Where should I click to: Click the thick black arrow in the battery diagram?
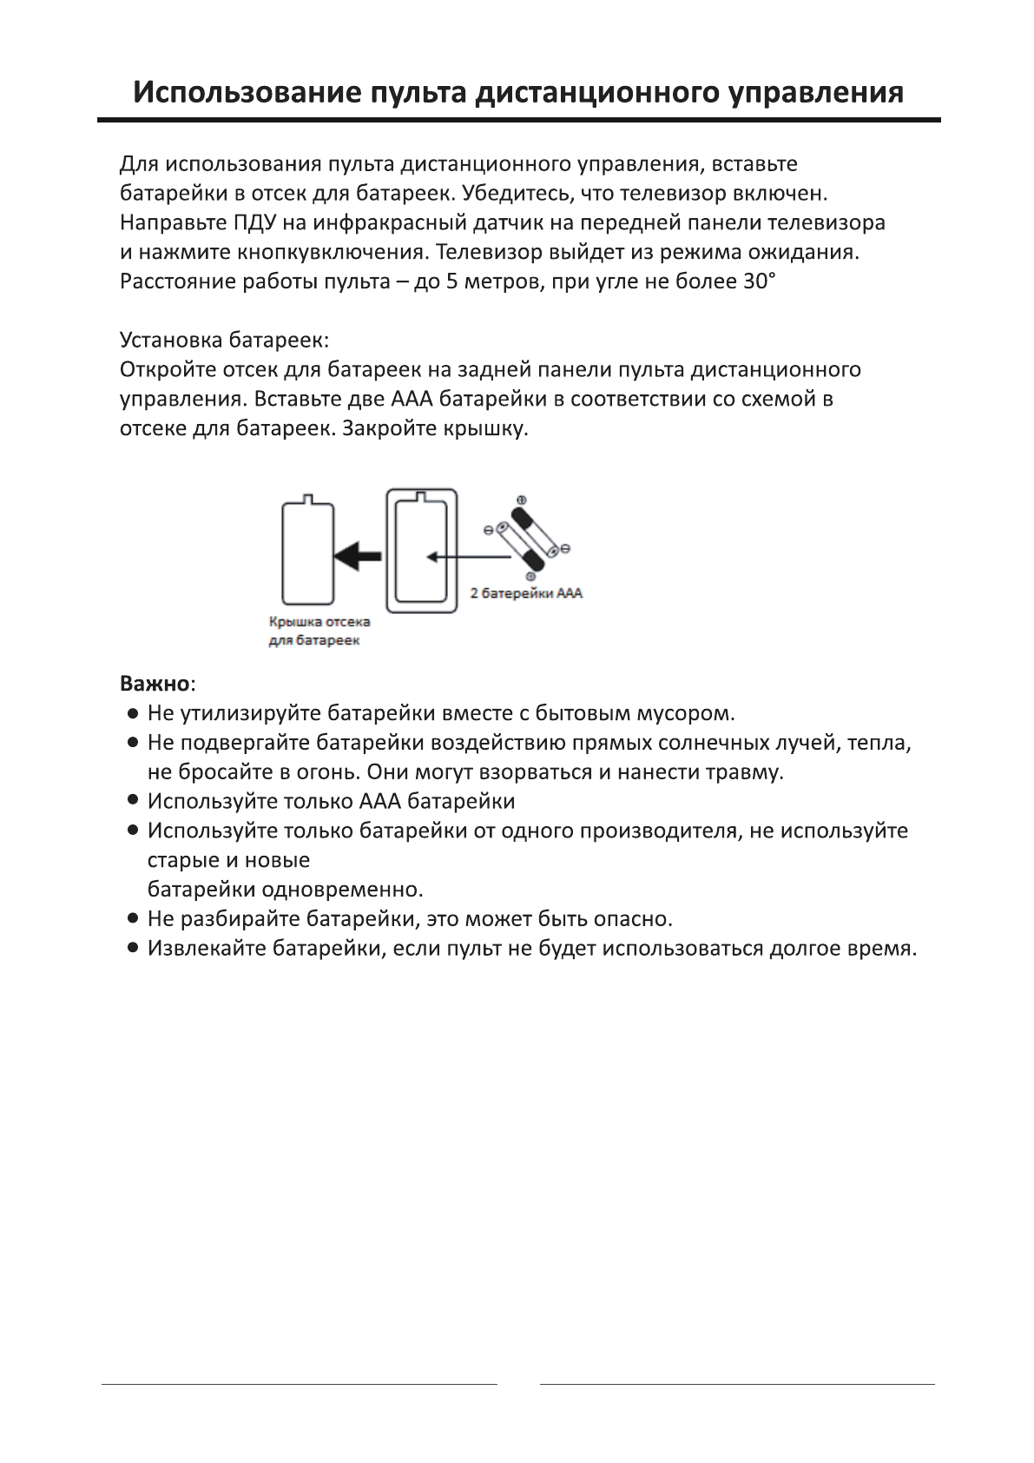click(358, 555)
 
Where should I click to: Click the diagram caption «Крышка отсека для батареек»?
click(319, 632)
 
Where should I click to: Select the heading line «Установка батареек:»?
click(224, 340)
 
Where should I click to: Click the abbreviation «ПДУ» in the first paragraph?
click(254, 222)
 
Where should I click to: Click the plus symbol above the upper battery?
click(522, 500)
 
